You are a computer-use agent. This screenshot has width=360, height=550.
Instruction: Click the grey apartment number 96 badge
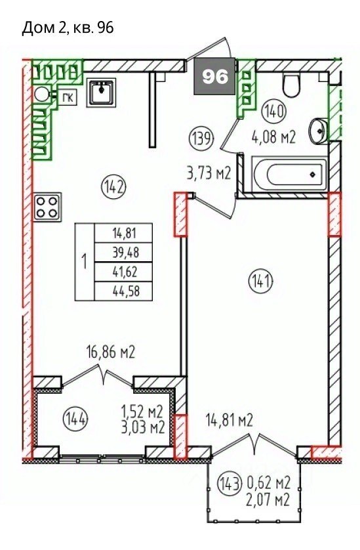pos(215,76)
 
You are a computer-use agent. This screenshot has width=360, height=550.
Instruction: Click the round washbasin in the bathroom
pos(319,131)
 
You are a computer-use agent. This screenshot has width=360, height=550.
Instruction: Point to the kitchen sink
pos(101,93)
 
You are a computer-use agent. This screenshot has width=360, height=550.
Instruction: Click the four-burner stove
pos(47,207)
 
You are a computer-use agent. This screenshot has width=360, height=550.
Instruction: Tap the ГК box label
pos(68,98)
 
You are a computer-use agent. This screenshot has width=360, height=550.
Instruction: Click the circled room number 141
pos(260,282)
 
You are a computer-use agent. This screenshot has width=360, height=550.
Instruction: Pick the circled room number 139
pos(201,139)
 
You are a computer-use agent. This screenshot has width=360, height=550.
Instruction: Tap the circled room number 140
pos(275,112)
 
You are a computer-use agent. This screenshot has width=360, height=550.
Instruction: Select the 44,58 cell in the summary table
pos(123,291)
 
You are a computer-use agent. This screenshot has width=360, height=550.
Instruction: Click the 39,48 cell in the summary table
pos(123,252)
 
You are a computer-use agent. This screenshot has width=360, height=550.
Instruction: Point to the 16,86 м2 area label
pos(111,352)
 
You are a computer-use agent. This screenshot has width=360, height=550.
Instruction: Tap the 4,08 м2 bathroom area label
pos(273,137)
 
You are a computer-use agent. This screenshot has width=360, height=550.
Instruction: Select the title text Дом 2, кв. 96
pos(68,28)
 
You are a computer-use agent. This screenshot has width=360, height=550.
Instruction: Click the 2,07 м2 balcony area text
pos(268,499)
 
